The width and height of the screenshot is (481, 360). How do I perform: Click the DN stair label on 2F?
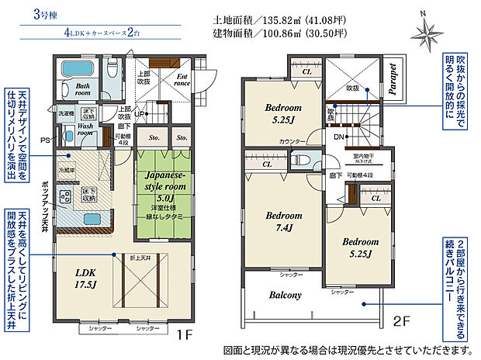339,137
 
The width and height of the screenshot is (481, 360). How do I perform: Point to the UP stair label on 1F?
138,115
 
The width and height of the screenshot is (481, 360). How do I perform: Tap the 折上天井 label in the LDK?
141,257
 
